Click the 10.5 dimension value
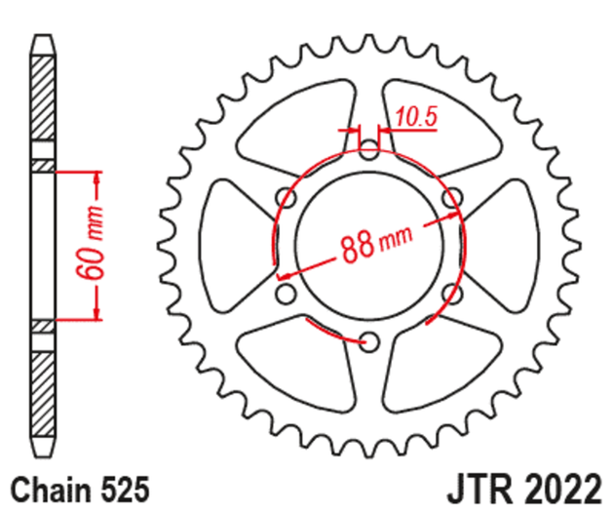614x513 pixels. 417,118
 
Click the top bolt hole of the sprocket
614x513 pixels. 369,150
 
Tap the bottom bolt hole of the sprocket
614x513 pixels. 369,340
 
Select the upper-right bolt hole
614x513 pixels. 451,198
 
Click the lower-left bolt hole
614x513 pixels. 287,293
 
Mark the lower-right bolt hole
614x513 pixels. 451,293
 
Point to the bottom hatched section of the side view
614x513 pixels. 44,390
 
